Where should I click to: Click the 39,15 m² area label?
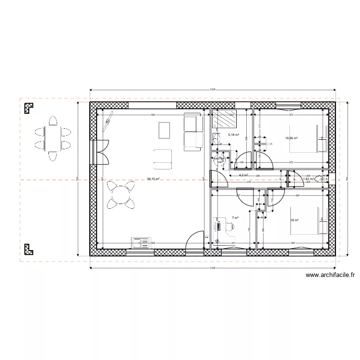click(154, 179)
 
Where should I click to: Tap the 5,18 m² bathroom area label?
click(234, 135)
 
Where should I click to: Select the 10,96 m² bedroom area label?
click(291, 138)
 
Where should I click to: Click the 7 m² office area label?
click(235, 217)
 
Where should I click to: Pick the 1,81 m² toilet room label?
click(308, 179)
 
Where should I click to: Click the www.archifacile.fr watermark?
click(330, 276)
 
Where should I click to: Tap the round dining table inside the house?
click(121, 194)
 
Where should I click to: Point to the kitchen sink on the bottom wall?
click(142, 243)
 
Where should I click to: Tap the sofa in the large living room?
click(193, 132)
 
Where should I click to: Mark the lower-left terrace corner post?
click(29, 248)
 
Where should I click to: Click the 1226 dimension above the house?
click(212, 89)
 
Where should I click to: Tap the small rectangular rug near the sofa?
click(164, 130)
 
